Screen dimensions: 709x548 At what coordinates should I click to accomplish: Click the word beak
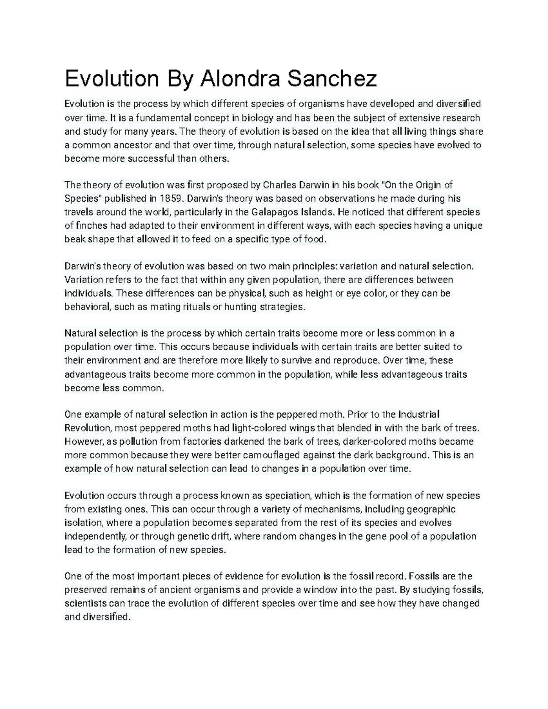tap(74, 239)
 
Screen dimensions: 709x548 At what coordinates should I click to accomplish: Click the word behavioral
tap(87, 307)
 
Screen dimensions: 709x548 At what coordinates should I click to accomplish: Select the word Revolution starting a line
tap(87, 428)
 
